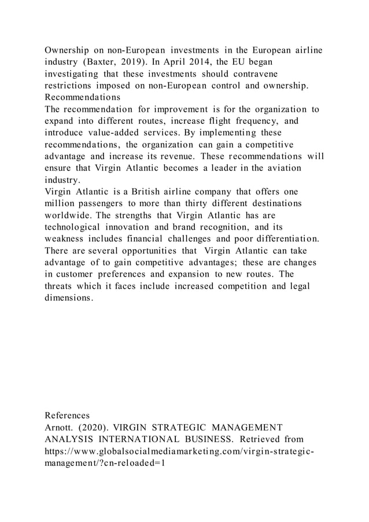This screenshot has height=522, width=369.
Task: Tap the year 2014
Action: [x=232, y=62]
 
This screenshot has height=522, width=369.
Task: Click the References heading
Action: [x=67, y=416]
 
